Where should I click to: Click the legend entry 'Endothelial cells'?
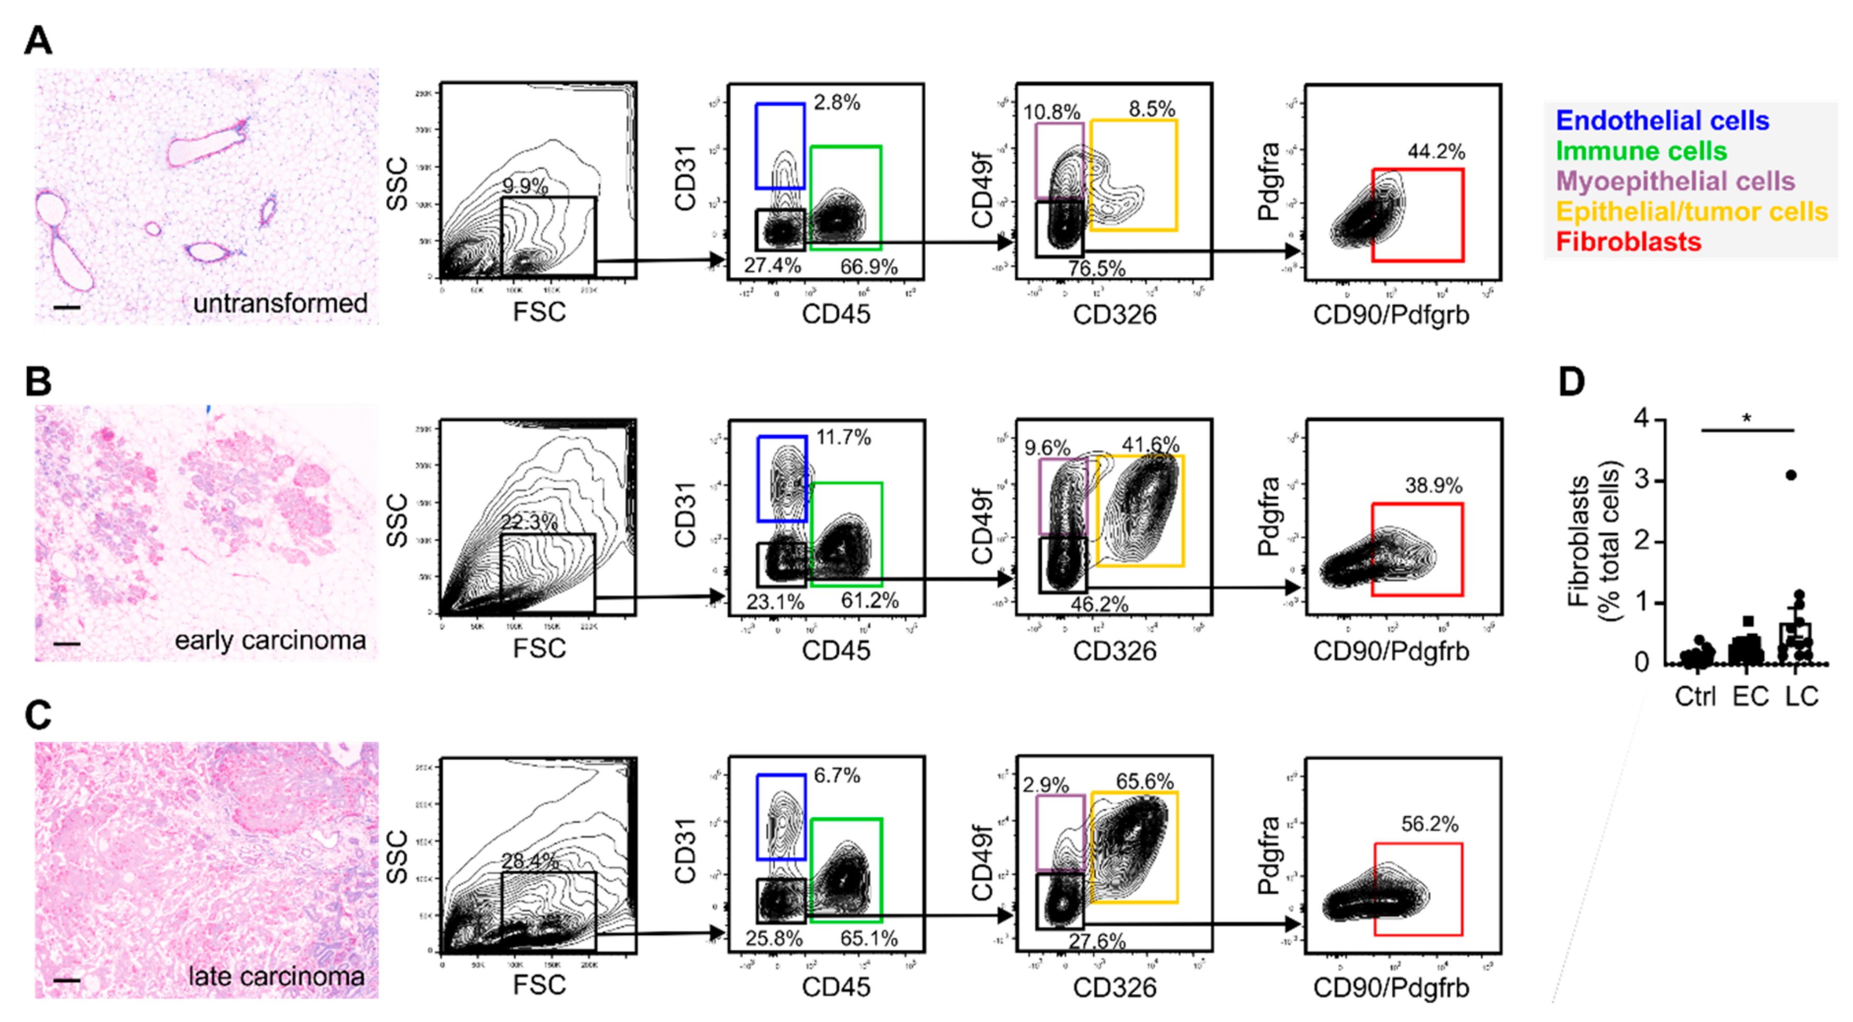pos(1662,121)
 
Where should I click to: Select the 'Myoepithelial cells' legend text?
pos(1675,181)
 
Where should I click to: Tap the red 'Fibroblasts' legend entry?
pos(1629,242)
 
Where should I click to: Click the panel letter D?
pos(1572,382)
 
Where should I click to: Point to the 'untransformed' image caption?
pos(280,303)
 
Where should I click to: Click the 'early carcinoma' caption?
pos(270,640)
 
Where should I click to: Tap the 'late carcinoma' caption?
pos(276,976)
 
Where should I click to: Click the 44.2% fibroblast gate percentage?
pos(1436,152)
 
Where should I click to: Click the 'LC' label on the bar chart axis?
pos(1801,697)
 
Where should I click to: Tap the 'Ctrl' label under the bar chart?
pos(1695,697)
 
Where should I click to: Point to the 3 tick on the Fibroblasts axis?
pos(1642,480)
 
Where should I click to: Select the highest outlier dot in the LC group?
pos(1791,475)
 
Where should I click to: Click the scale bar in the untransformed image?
pos(67,308)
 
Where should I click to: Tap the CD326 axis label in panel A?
pos(1114,315)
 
